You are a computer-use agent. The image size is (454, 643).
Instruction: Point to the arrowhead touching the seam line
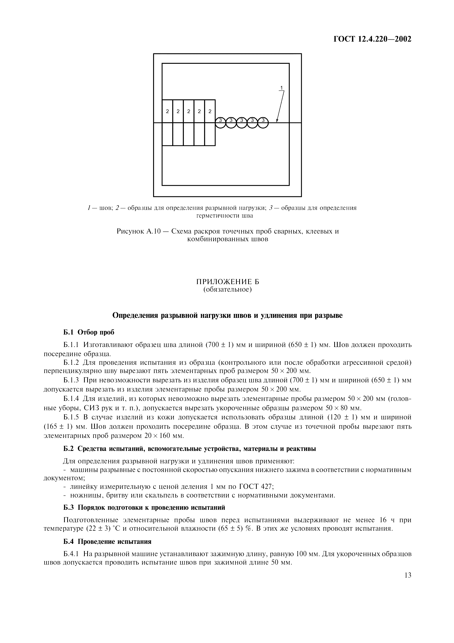[x=277, y=121]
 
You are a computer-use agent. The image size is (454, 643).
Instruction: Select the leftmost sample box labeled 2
[x=167, y=111]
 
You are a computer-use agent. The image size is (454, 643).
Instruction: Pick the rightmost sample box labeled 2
[x=210, y=111]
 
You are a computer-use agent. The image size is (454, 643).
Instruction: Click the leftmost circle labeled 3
[x=220, y=122]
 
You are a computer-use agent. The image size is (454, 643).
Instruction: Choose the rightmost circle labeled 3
[x=263, y=122]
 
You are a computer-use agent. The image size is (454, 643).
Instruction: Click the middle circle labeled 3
[x=242, y=122]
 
